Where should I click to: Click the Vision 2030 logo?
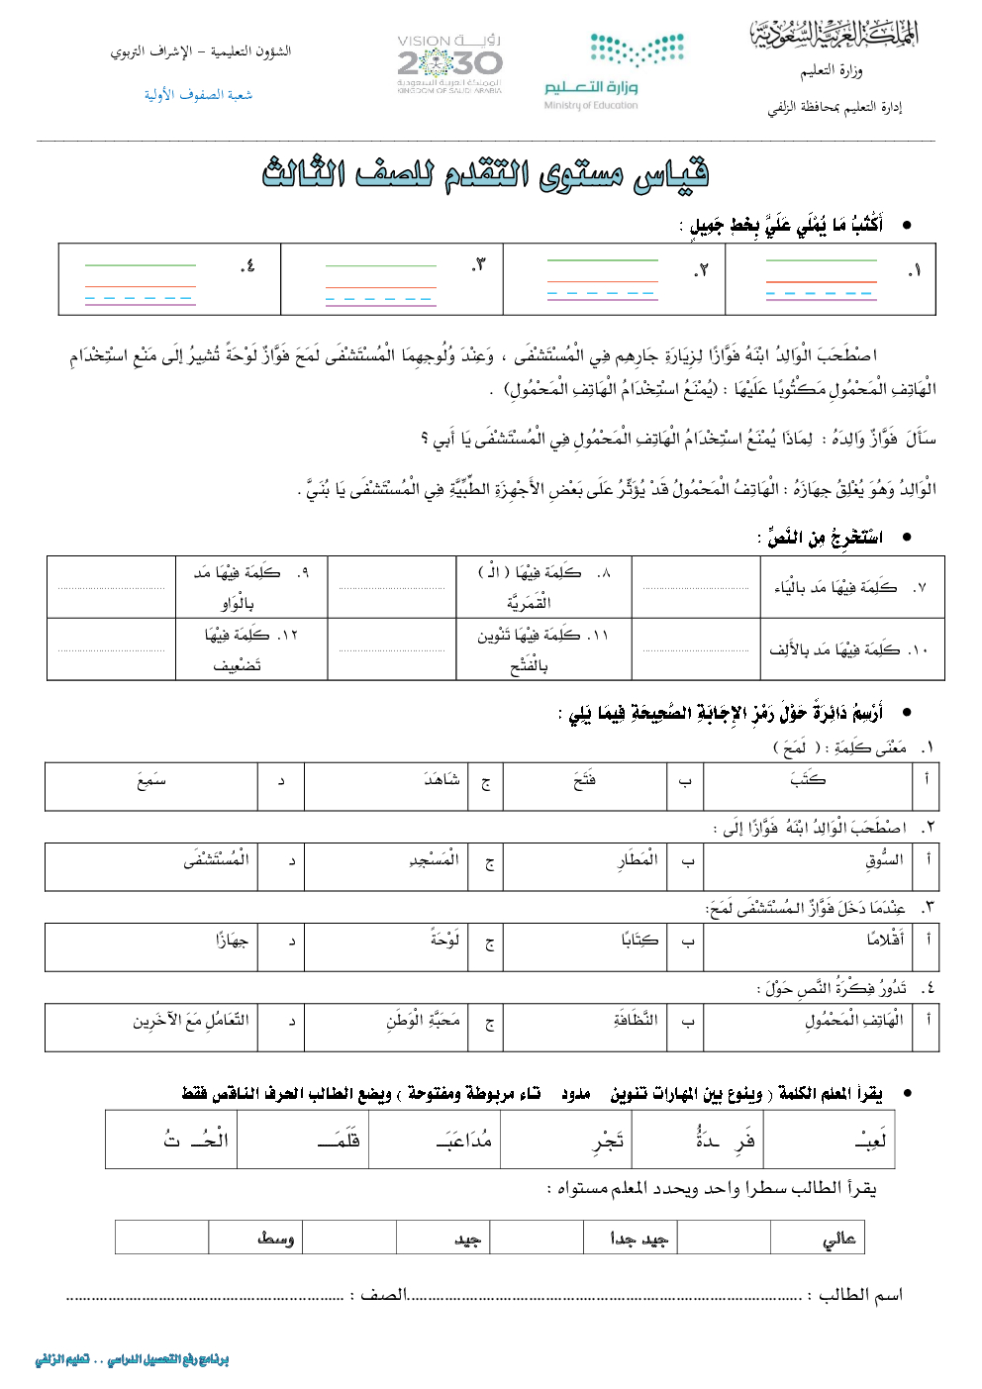[449, 65]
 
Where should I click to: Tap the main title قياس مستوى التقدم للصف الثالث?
[485, 174]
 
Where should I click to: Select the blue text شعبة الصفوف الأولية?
[198, 95]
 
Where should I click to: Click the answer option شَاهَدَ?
[441, 781]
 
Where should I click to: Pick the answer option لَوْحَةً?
[444, 940]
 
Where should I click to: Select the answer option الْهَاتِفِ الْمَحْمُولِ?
[853, 1021]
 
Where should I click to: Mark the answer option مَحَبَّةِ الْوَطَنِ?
[423, 1021]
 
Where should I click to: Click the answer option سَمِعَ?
[150, 781]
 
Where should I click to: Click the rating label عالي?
[838, 1238]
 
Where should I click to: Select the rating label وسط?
[275, 1238]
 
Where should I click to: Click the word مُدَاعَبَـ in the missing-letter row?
[463, 1141]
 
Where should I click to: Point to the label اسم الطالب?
[860, 1295]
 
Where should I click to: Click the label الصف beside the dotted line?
[383, 1295]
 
